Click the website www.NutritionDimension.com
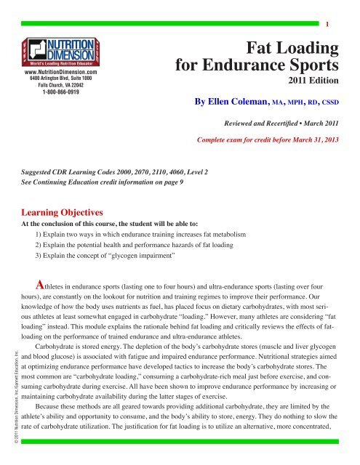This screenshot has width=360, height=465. [x=61, y=72]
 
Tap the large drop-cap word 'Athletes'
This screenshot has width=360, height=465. [x=48, y=286]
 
